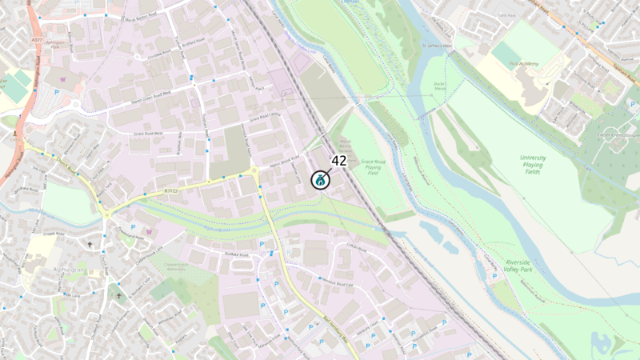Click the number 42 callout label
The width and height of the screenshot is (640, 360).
pyautogui.click(x=338, y=161)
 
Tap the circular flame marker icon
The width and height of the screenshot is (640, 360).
pyautogui.click(x=320, y=180)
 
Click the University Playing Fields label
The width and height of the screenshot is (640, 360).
pyautogui.click(x=532, y=165)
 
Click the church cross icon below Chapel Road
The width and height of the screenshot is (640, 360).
pyautogui.click(x=89, y=243)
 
